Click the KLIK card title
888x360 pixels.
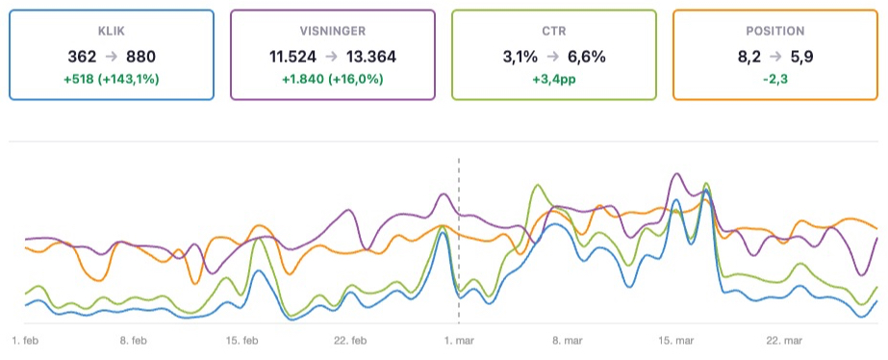click(x=111, y=31)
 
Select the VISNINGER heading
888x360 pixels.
click(x=332, y=31)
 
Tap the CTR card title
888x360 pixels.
click(x=553, y=31)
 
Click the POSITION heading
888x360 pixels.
click(x=774, y=31)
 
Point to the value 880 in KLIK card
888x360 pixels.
click(x=140, y=56)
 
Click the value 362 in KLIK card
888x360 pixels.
click(x=82, y=56)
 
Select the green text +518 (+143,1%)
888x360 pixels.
click(x=111, y=78)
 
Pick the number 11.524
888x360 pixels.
click(x=296, y=56)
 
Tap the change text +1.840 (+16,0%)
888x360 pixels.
click(x=332, y=78)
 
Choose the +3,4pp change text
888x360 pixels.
click(x=553, y=78)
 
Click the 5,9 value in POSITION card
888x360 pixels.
click(x=802, y=56)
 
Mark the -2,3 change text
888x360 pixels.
click(x=774, y=78)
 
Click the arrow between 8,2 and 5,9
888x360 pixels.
click(x=775, y=56)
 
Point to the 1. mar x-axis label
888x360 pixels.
click(x=459, y=341)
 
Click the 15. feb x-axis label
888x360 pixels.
click(x=242, y=341)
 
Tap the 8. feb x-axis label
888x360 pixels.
click(x=134, y=341)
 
